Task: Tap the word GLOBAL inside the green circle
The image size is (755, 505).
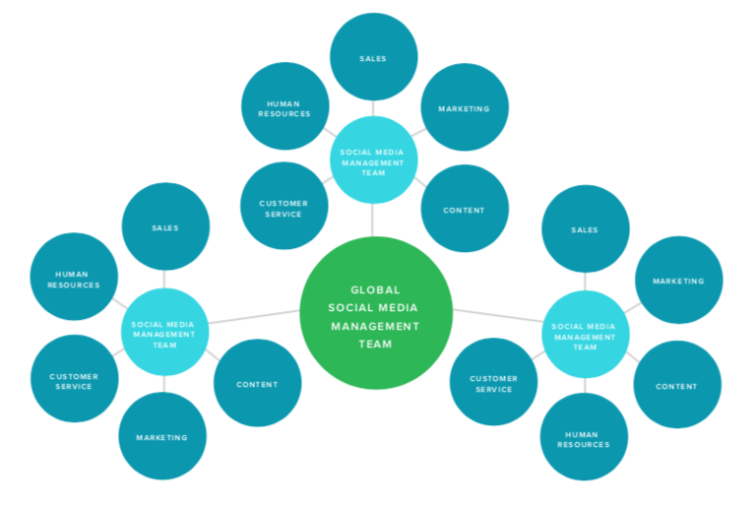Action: click(376, 289)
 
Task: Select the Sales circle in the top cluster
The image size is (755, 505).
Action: click(373, 57)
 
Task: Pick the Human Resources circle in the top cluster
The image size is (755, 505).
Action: click(284, 107)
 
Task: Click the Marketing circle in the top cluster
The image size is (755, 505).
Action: click(464, 107)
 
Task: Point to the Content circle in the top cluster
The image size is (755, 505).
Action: click(464, 209)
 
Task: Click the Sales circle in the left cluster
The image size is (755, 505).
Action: click(165, 226)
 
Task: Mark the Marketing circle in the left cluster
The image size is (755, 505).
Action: click(162, 436)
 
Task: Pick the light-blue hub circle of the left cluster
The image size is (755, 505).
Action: click(164, 333)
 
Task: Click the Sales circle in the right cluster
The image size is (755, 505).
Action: click(586, 228)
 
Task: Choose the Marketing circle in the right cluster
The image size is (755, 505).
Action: click(679, 281)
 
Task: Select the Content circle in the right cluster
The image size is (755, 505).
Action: click(677, 385)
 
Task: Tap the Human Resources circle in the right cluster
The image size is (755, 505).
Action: click(584, 438)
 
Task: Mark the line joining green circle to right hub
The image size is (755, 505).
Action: click(497, 317)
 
